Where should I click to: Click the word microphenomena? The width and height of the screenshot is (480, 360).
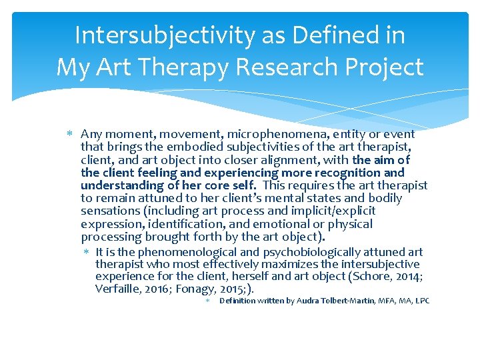click(x=272, y=134)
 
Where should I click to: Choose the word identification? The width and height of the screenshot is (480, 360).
click(x=173, y=224)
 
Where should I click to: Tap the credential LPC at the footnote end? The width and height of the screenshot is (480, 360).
click(x=422, y=301)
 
